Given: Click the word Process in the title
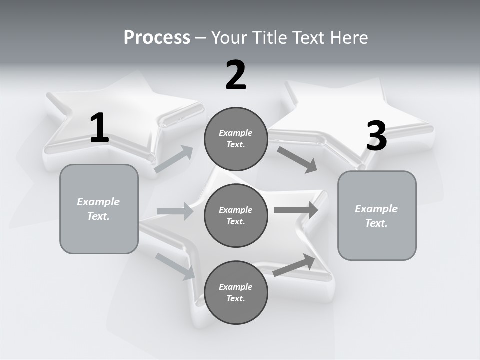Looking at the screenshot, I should pos(157,38).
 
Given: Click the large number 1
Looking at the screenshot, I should pos(99,128).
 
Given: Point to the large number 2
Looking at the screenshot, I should pos(236,75).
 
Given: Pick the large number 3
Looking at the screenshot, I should pos(376,136).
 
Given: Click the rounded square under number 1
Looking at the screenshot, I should pos(99,209).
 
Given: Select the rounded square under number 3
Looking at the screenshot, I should pos(377,215).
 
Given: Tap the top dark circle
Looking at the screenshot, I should pos(236,139).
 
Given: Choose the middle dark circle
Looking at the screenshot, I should pos(236,215).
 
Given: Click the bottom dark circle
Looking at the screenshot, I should pos(236,292).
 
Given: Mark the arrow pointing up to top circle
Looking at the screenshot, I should pos(174,159).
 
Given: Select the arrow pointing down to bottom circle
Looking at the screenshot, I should pos(175,266).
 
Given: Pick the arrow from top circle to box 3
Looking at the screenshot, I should pos(297,159).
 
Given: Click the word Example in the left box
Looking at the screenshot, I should pos(98,202).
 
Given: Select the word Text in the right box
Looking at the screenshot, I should pos(376,223).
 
